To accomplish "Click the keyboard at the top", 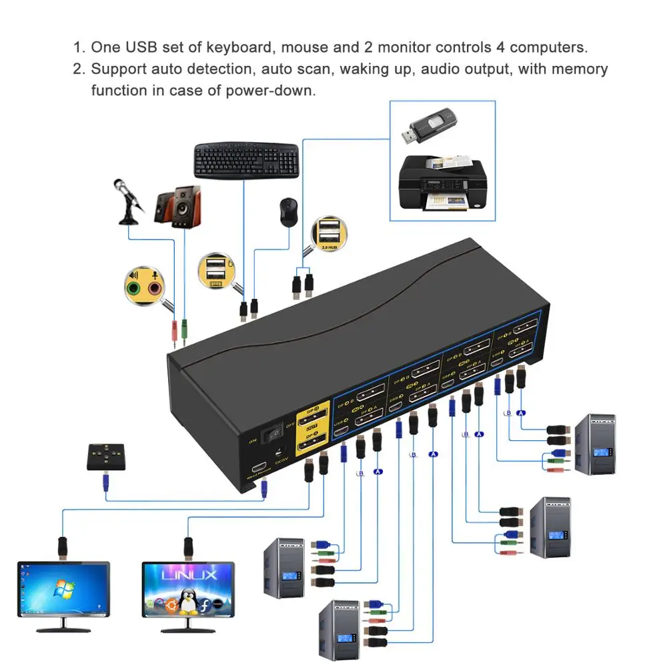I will (247, 160).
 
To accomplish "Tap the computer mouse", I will (287, 212).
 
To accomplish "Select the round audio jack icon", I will (144, 287).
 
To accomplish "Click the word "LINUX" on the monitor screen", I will (188, 574).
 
